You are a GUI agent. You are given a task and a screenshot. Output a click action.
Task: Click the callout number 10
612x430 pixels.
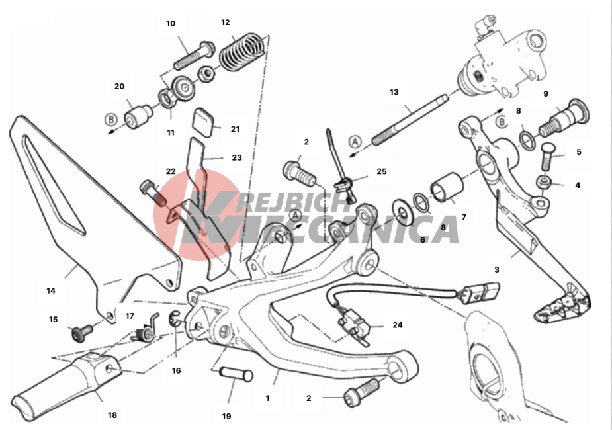(171, 24)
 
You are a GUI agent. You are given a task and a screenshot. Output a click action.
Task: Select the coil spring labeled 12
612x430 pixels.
(243, 52)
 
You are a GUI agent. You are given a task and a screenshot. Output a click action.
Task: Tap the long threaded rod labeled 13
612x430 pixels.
(410, 119)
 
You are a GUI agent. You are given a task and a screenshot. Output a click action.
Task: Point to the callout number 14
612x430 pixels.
(51, 290)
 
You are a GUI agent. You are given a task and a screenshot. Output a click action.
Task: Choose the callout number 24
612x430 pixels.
(398, 325)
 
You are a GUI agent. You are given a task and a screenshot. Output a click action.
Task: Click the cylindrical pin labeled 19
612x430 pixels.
(236, 374)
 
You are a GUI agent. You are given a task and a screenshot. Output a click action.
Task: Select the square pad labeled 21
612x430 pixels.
(203, 122)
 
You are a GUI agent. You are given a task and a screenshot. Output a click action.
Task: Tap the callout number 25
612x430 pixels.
(381, 171)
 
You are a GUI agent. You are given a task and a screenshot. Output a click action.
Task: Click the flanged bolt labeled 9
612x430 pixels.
(564, 117)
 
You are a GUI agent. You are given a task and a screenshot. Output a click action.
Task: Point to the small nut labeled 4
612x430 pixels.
(543, 182)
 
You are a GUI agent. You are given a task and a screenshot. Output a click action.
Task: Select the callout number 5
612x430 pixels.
(579, 151)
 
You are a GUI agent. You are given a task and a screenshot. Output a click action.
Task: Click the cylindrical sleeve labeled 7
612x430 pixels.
(447, 187)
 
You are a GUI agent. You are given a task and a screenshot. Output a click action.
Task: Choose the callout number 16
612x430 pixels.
(177, 370)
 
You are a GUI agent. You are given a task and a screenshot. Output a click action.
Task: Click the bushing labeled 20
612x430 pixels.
(138, 116)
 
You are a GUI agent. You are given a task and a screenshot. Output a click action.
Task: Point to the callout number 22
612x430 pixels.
(171, 171)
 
